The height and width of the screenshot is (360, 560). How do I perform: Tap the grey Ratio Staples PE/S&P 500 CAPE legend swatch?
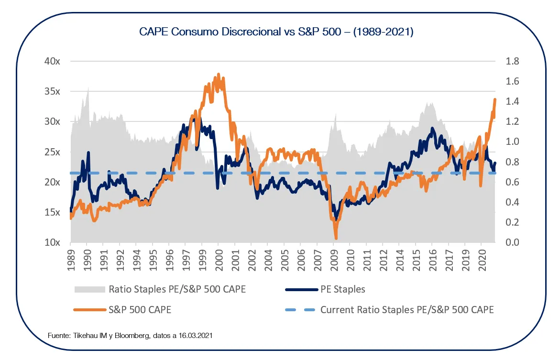[x=89, y=289]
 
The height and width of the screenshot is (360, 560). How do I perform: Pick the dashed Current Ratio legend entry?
[x=406, y=310]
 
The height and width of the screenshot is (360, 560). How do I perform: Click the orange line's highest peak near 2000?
[x=219, y=74]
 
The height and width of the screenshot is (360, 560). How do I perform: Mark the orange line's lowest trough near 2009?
[x=336, y=238]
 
